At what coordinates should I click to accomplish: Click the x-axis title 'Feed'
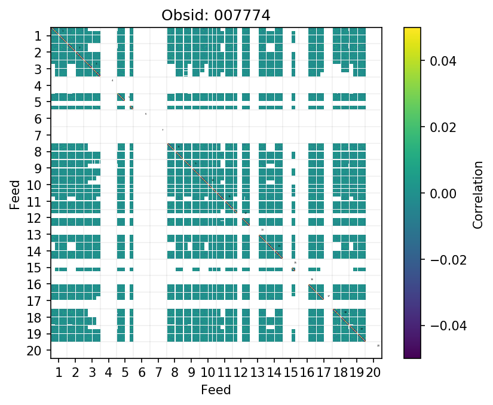(216, 390)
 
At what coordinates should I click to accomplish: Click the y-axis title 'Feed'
(15, 194)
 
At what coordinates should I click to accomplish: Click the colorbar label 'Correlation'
(477, 194)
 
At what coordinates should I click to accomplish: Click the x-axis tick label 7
(158, 374)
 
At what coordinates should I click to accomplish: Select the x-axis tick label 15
(290, 374)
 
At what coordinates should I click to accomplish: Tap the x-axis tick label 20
(373, 374)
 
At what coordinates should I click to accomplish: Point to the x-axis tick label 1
(59, 374)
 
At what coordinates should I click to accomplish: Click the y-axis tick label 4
(38, 85)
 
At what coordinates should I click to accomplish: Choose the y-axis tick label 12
(35, 218)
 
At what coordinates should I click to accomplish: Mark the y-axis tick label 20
(35, 351)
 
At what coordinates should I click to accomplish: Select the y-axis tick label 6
(38, 119)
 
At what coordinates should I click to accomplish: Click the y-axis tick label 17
(35, 301)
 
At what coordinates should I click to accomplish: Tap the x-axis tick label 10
(207, 374)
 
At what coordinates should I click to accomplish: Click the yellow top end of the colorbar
(412, 29)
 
